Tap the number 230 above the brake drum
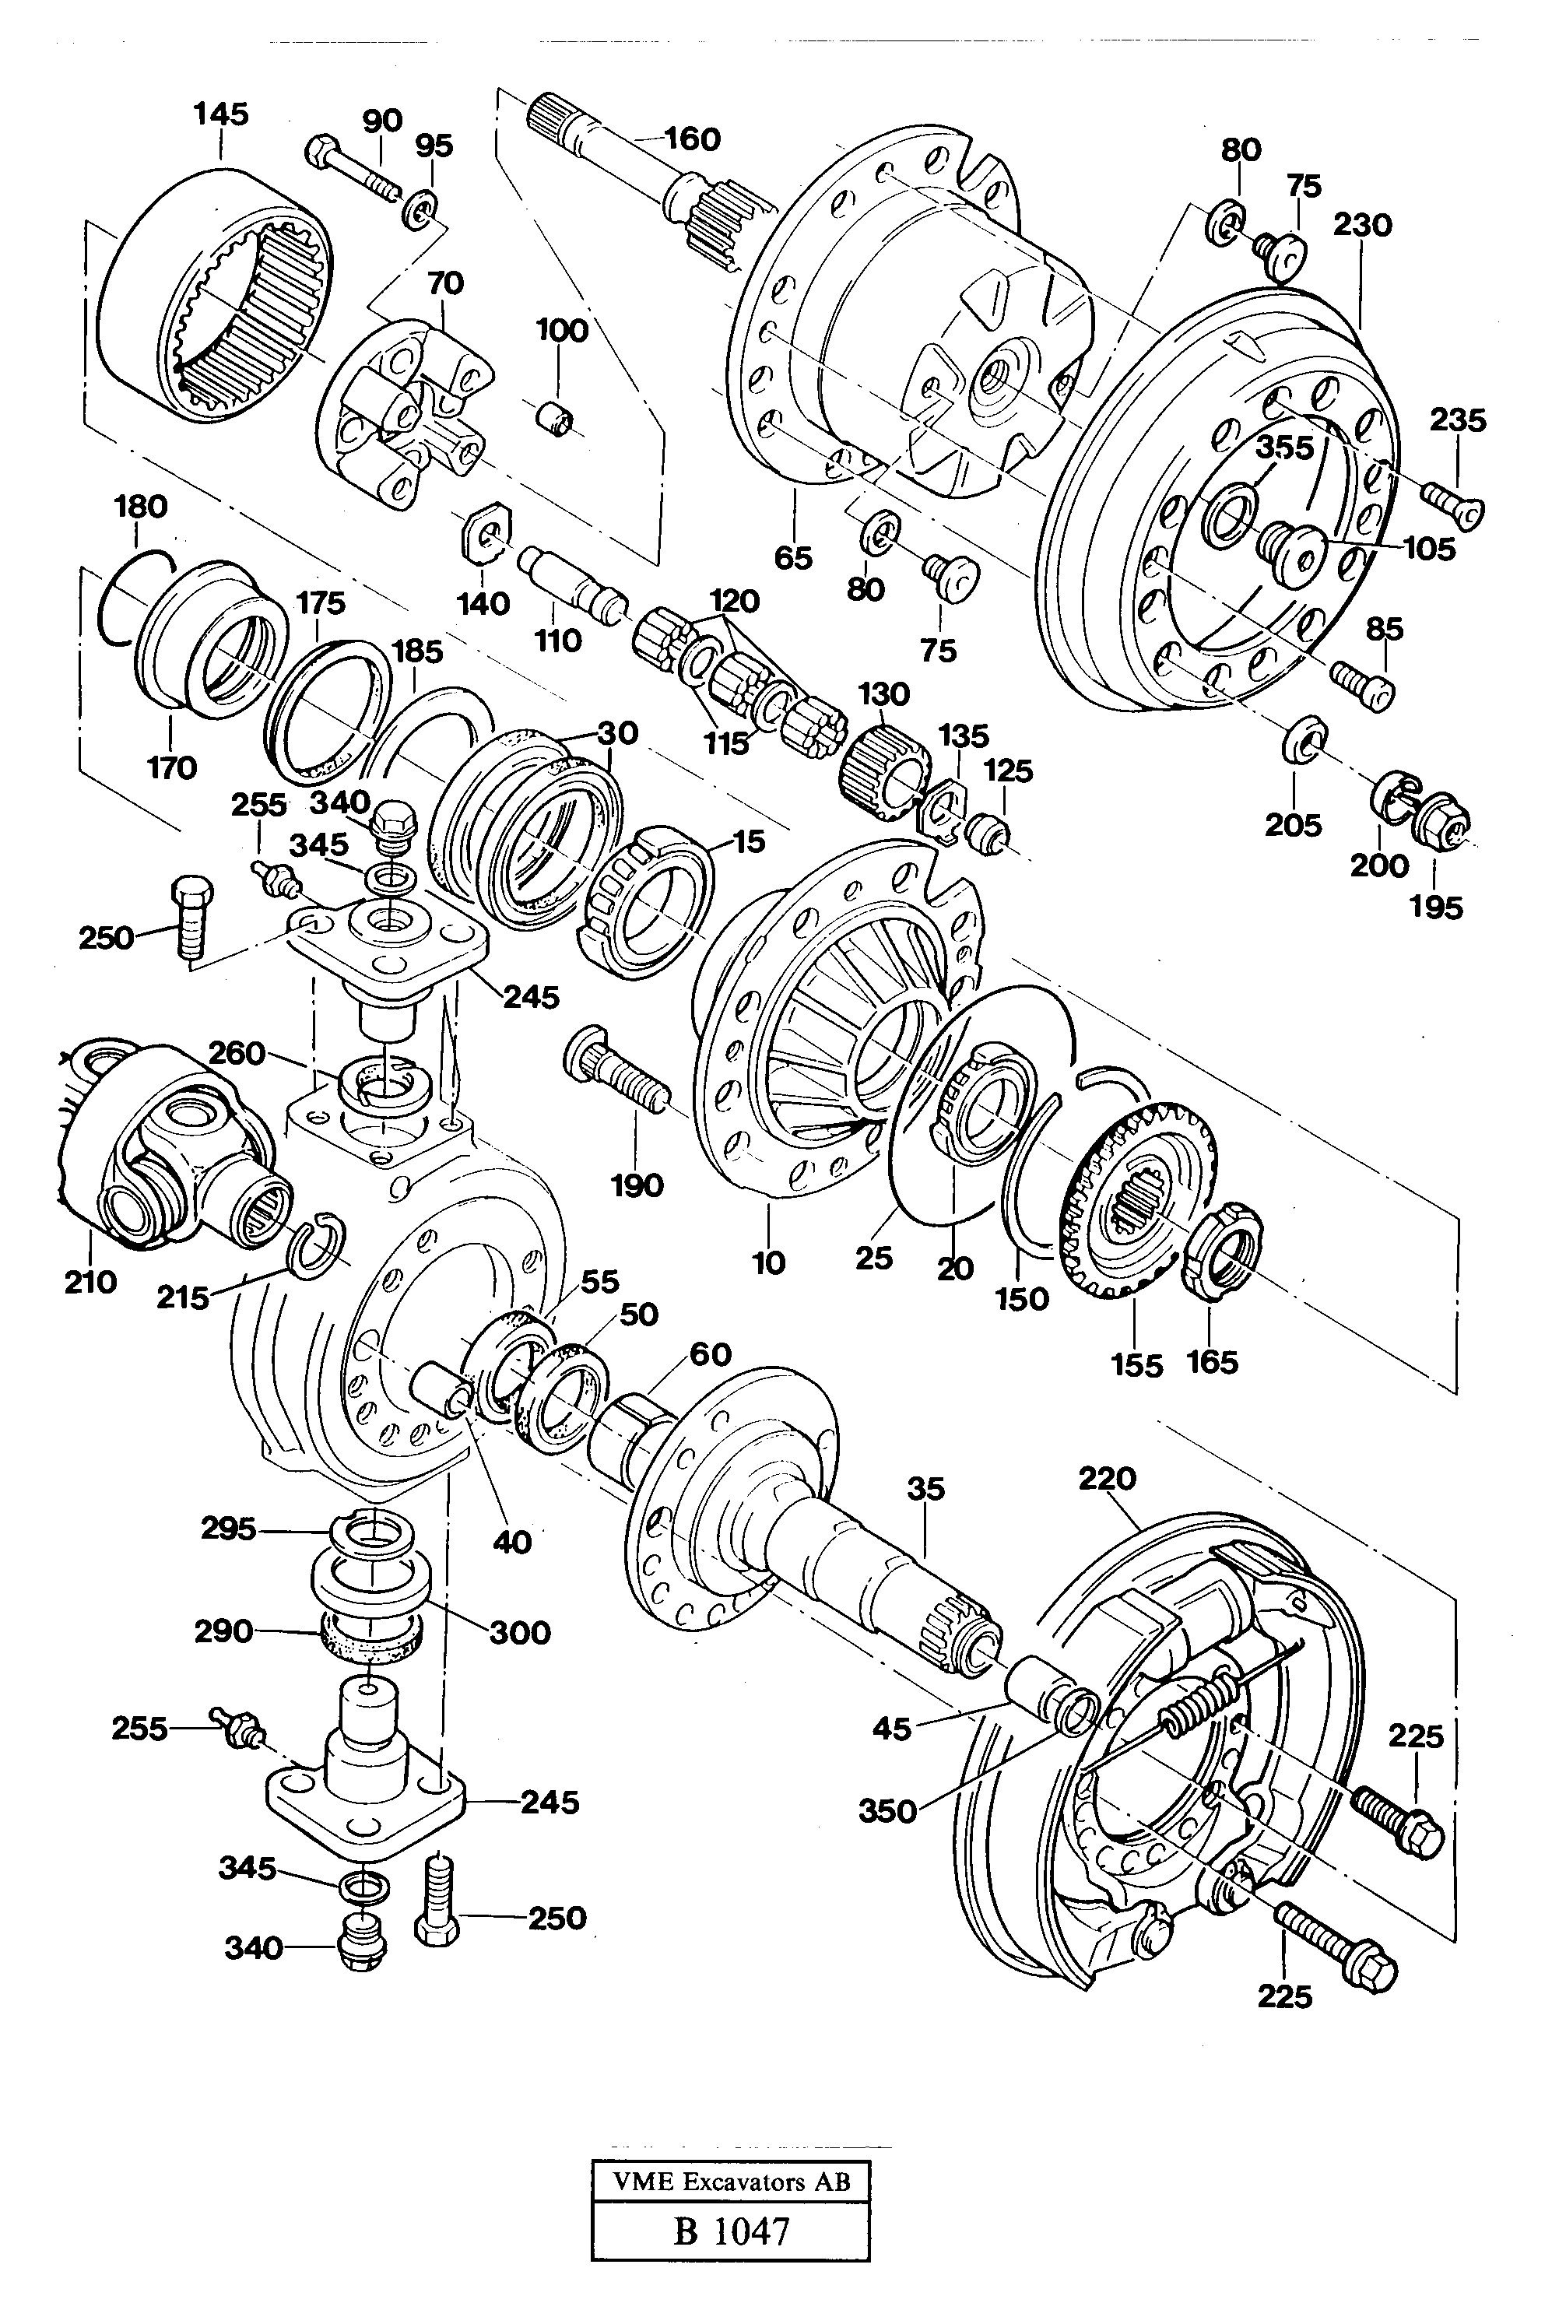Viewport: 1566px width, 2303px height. point(1362,225)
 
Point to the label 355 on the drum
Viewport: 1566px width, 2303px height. point(1283,448)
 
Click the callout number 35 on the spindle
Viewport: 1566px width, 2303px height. point(925,1490)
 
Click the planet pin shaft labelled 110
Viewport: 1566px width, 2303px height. point(573,585)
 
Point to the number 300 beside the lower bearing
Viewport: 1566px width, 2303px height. point(519,1631)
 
